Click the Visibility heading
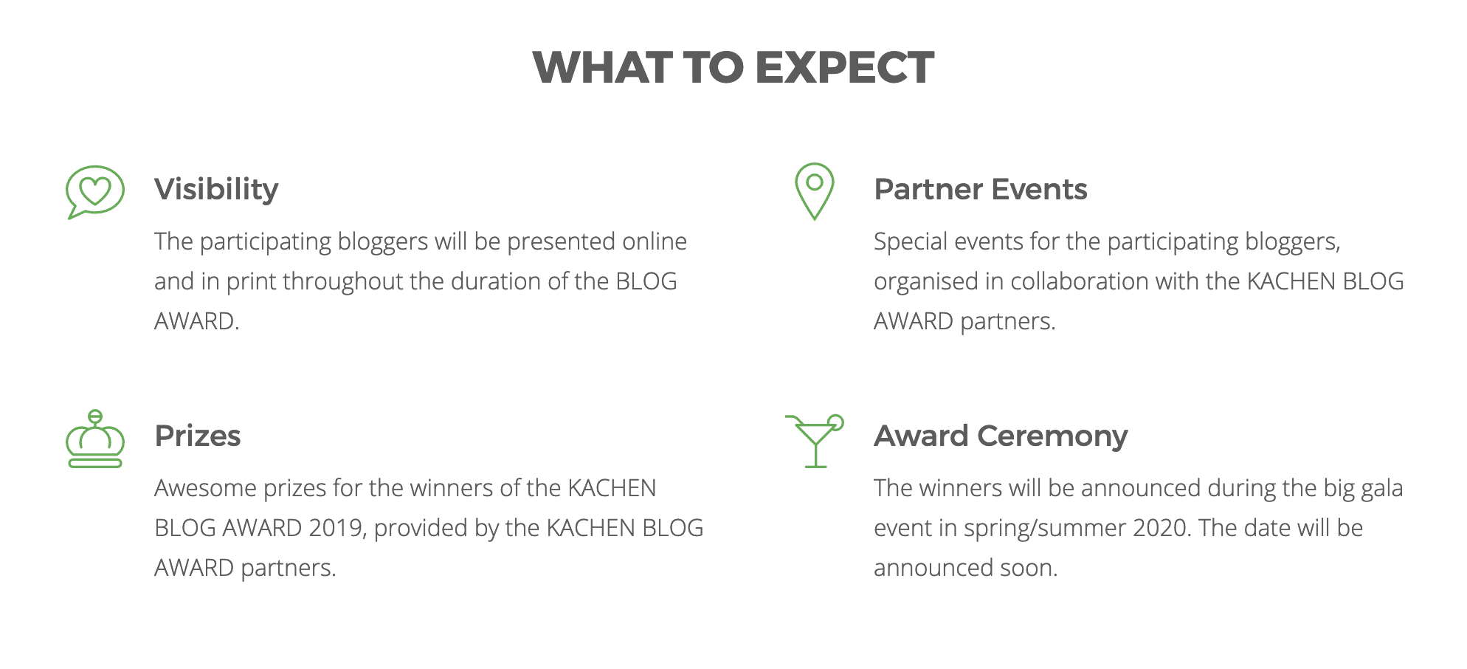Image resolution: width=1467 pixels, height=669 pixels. click(216, 190)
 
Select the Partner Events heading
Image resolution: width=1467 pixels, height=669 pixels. click(980, 190)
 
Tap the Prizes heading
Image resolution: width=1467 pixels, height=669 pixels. click(198, 436)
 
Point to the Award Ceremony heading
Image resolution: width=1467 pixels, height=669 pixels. click(1001, 436)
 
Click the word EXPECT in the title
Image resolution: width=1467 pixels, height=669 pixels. click(844, 68)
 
